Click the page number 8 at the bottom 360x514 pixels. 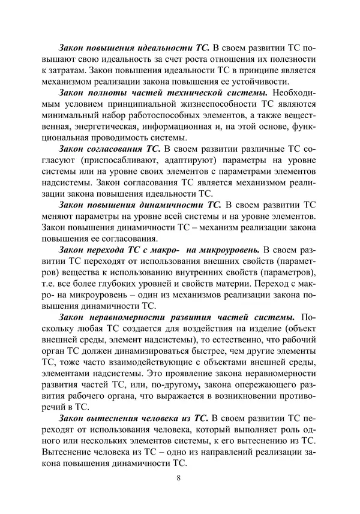click(x=179, y=477)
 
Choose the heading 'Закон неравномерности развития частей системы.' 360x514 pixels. click(x=176, y=316)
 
